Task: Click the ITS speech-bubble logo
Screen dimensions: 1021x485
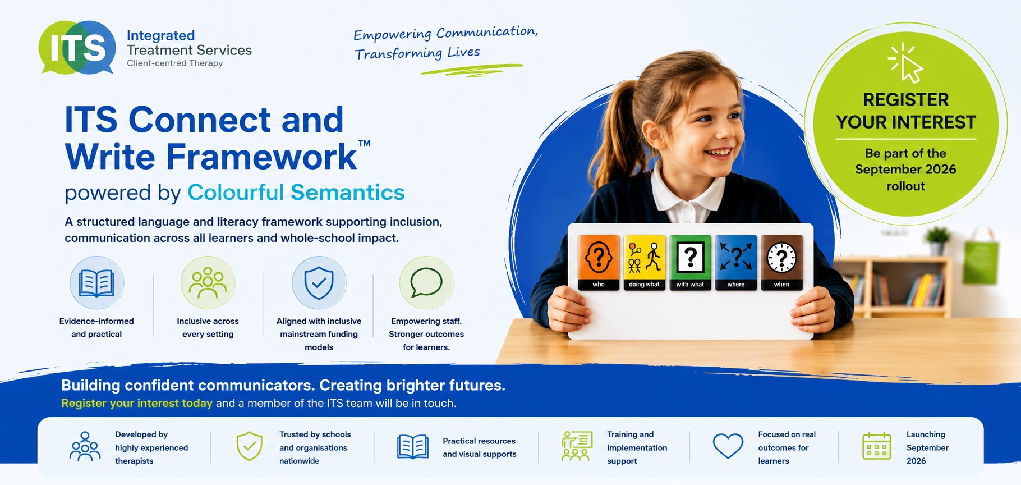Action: point(77,48)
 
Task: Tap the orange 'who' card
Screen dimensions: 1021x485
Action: point(599,262)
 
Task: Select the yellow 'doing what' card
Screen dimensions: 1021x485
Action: point(644,262)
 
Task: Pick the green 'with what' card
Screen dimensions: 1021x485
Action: point(690,262)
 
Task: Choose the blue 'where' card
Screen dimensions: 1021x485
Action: point(736,262)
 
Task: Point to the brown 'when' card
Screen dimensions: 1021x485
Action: point(781,262)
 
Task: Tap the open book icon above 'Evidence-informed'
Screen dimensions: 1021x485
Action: point(96,283)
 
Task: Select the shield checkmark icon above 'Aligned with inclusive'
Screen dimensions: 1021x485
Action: point(319,283)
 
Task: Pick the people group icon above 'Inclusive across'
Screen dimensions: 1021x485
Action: point(208,283)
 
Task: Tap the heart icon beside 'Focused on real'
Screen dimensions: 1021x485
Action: point(728,446)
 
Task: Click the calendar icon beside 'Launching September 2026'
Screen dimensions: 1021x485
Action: point(876,446)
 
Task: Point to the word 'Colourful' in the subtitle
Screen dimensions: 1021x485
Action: point(236,193)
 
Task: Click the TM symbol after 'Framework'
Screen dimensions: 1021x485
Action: point(364,143)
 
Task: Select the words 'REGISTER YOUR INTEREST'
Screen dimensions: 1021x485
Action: point(906,111)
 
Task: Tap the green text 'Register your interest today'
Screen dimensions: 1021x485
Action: point(137,403)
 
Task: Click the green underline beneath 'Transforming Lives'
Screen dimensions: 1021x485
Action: point(471,69)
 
